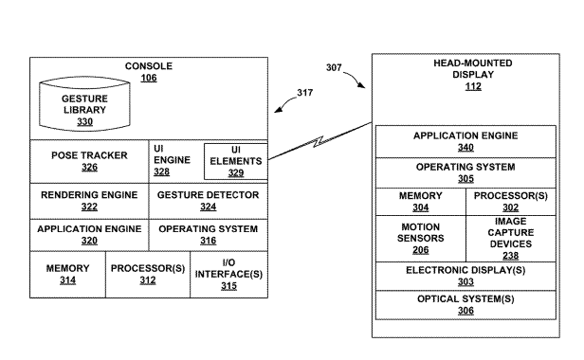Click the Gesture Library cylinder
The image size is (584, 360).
click(x=84, y=104)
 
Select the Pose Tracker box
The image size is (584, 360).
click(x=89, y=161)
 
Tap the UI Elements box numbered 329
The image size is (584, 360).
click(x=236, y=161)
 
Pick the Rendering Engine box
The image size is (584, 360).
click(x=89, y=201)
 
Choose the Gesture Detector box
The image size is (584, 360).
click(x=209, y=201)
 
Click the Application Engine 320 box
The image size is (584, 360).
click(x=89, y=235)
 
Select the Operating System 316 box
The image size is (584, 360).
click(x=209, y=235)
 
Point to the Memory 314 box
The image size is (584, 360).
click(x=68, y=275)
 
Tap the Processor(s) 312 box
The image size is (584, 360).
click(x=148, y=275)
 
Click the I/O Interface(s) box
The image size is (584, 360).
click(x=229, y=275)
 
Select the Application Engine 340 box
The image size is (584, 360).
click(x=465, y=141)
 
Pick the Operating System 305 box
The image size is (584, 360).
click(x=465, y=172)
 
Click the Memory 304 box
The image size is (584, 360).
click(x=421, y=202)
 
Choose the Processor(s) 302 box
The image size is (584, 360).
click(x=511, y=202)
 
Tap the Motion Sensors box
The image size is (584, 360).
click(x=421, y=239)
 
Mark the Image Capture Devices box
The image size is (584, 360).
click(x=511, y=239)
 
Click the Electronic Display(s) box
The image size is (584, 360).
click(x=465, y=277)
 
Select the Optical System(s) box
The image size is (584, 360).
click(x=465, y=305)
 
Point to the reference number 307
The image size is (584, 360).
click(x=334, y=67)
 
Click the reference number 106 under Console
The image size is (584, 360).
click(x=149, y=78)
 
